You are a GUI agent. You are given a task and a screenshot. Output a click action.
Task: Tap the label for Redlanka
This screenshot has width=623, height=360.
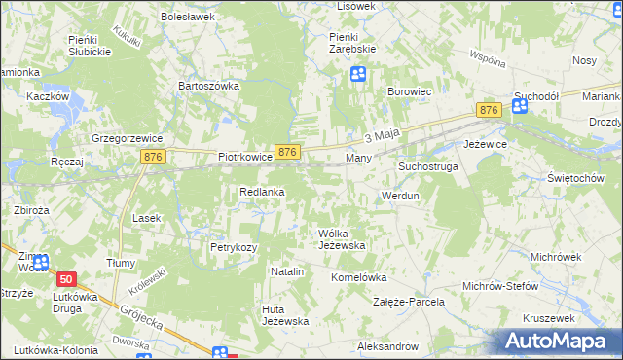[x=262, y=193]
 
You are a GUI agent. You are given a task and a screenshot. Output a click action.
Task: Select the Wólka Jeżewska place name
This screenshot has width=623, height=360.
[x=342, y=239]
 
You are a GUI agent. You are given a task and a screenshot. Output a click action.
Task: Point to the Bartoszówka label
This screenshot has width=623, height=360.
[x=208, y=86]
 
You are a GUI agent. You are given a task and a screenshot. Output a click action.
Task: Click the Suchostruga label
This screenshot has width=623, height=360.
[x=427, y=167]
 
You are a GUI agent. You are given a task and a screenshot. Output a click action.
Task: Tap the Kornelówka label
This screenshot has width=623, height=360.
[x=359, y=277]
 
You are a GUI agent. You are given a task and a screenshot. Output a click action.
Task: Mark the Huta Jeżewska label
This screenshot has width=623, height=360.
[x=285, y=315]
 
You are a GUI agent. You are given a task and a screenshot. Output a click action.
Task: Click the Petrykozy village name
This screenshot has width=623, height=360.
[x=234, y=248]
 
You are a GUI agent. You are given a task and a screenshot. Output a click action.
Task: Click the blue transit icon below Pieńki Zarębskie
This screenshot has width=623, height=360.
[x=359, y=73]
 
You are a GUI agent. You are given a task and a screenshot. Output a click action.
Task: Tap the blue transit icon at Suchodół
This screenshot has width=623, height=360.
[x=521, y=107]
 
